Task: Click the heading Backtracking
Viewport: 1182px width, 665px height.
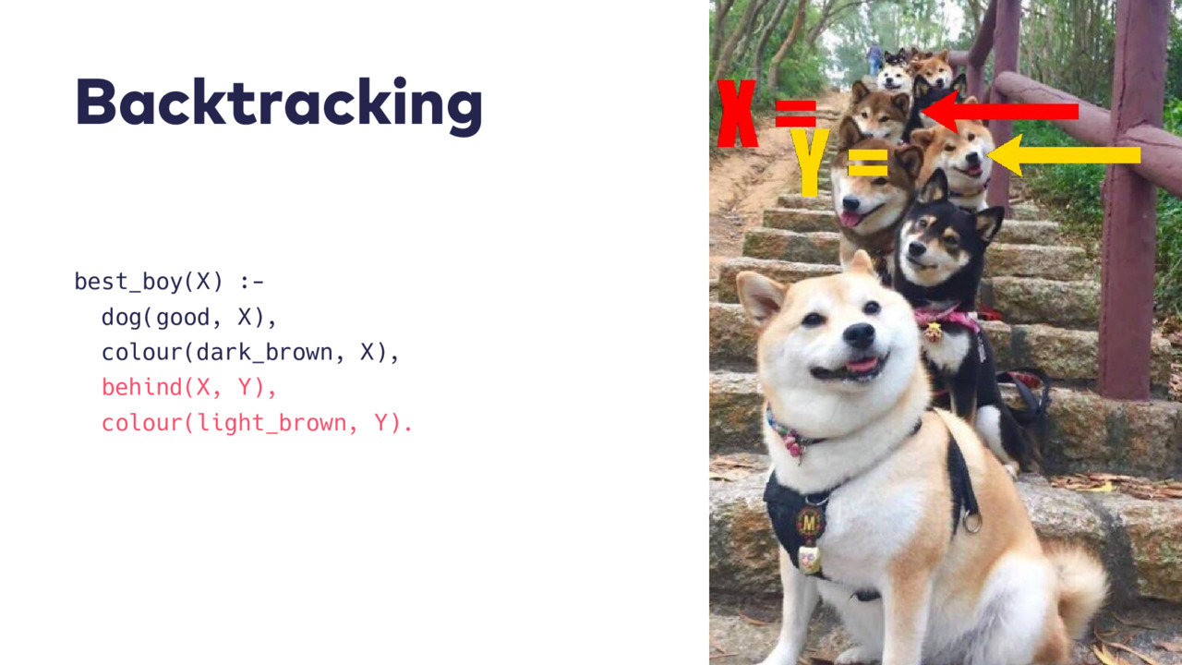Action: point(279,104)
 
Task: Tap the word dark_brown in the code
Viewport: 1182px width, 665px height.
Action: point(264,353)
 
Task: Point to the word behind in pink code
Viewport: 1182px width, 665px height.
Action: point(142,387)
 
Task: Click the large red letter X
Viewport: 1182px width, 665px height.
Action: point(737,114)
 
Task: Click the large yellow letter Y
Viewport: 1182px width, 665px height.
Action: point(810,162)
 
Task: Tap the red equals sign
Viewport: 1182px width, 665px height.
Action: point(796,114)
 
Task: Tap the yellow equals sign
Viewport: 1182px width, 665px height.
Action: point(867,163)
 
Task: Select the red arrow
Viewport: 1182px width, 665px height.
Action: point(999,112)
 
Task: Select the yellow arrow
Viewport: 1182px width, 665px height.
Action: point(1063,155)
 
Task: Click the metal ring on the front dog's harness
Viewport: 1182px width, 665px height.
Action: point(971,522)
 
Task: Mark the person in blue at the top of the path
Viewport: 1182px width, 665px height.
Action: point(874,58)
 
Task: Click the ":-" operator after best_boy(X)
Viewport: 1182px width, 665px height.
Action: point(252,282)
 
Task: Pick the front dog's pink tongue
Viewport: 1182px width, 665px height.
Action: point(862,365)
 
